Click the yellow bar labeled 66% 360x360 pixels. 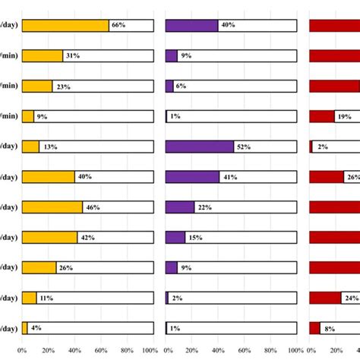tap(65, 25)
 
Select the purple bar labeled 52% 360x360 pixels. tap(199, 147)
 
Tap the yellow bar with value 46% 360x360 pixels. tap(52, 207)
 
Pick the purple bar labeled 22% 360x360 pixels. tap(180, 207)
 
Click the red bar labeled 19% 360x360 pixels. tap(322, 116)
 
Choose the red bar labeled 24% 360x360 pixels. tap(325, 298)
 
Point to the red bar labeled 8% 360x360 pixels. tap(314, 328)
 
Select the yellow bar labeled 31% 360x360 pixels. tap(43, 55)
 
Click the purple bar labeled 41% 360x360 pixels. tap(192, 177)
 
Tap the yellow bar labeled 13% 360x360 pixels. tap(30, 147)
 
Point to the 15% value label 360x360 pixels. tap(196, 238)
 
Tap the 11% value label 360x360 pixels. tap(46, 298)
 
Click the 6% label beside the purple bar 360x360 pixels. tap(181, 87)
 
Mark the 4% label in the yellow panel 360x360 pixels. tap(36, 329)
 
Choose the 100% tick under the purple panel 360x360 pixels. tap(295, 351)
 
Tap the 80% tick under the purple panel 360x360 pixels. tap(270, 351)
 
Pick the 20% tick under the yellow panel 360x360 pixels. tap(48, 351)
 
